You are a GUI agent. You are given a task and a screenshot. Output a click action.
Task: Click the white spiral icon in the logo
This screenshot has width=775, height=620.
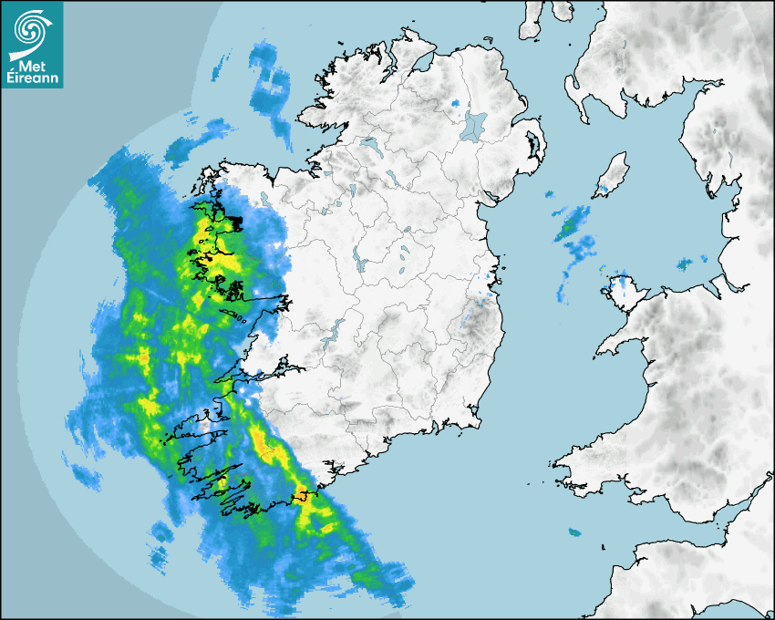click(29, 30)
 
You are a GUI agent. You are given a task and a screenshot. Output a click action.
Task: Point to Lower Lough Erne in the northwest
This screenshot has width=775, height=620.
click(369, 144)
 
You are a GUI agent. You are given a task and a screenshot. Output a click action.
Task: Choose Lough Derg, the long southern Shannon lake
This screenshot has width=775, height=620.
click(334, 327)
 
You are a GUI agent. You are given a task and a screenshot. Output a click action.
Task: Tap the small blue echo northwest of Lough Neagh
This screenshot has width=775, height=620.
click(455, 103)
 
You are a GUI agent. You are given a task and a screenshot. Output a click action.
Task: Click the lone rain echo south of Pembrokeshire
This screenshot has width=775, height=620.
click(574, 532)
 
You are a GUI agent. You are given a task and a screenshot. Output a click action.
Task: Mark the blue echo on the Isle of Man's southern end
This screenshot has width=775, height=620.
click(603, 191)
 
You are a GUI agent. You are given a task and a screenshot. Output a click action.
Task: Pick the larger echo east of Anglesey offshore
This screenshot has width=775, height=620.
click(685, 264)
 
